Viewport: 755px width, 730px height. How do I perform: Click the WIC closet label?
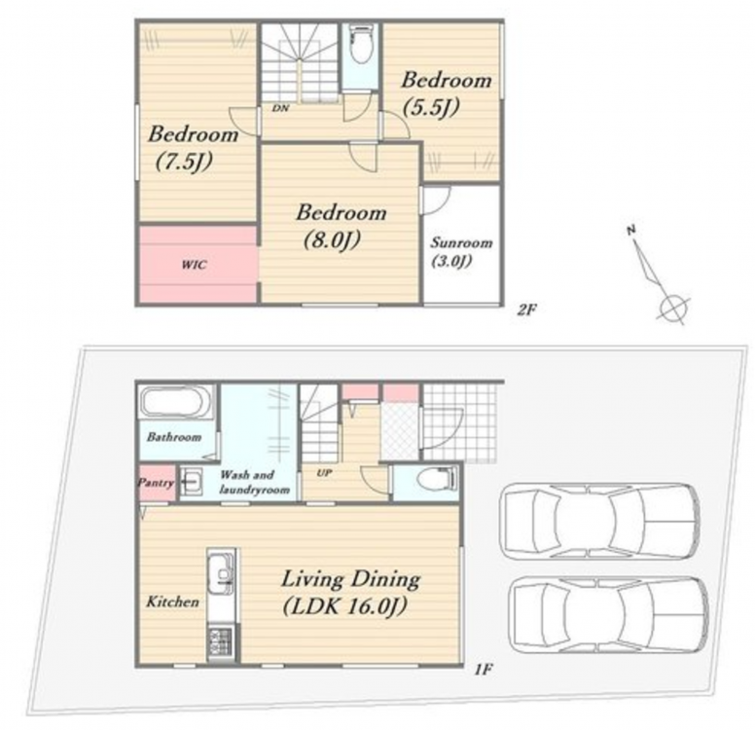(x=194, y=265)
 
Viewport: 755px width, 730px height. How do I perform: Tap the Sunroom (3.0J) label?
(x=461, y=251)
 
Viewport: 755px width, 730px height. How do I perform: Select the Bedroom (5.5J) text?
(x=446, y=94)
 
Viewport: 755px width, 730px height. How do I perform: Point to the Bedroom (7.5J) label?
(x=193, y=148)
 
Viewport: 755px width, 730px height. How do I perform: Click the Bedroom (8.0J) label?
(x=341, y=227)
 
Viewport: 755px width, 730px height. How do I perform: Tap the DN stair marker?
(x=280, y=108)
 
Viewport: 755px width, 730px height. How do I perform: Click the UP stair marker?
(x=324, y=473)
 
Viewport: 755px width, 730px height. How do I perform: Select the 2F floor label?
(x=526, y=310)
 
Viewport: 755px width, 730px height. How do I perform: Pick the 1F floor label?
(x=483, y=670)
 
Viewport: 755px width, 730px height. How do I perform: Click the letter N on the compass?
(x=631, y=230)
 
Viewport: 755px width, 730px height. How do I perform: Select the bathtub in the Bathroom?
(x=176, y=401)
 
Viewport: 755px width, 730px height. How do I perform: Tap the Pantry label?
(x=155, y=483)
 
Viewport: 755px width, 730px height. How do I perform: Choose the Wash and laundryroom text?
(x=254, y=483)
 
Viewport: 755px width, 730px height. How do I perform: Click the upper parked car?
(x=599, y=522)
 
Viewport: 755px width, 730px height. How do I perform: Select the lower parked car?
(x=609, y=615)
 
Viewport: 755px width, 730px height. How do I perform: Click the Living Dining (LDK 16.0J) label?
(x=350, y=593)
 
